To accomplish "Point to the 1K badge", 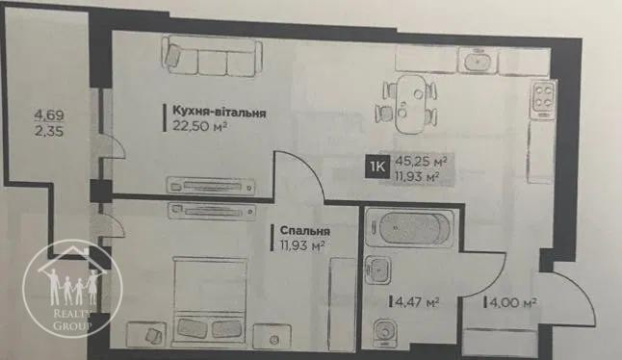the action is click(x=377, y=167).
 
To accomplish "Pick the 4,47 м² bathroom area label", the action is click(x=415, y=302).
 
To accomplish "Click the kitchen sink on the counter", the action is click(x=479, y=60).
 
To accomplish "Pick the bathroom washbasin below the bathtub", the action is click(x=379, y=270).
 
